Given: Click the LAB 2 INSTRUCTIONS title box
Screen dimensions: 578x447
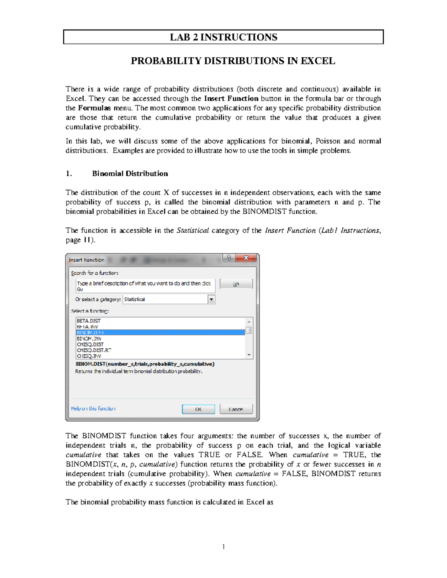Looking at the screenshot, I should (223, 37).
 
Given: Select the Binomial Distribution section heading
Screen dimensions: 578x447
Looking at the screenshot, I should (130, 174).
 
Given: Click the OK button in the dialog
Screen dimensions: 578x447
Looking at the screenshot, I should (198, 409).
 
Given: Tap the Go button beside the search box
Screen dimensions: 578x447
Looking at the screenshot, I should (236, 284).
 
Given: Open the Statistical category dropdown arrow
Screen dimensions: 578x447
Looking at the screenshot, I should (212, 300).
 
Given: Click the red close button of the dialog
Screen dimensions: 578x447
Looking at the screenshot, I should (246, 258).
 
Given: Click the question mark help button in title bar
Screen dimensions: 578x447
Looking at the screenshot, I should (229, 258).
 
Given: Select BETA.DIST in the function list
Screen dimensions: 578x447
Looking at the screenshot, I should (89, 321).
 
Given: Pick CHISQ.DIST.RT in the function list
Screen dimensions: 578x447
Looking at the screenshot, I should (94, 350).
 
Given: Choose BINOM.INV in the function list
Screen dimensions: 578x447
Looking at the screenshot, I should (89, 339).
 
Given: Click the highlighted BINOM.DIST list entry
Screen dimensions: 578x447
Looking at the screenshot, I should (91, 333).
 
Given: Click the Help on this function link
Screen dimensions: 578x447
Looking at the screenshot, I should (93, 409).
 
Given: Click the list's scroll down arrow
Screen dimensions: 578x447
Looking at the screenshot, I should (249, 355).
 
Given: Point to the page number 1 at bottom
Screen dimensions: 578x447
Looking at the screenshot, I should (223, 547).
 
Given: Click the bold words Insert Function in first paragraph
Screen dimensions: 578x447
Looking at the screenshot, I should (231, 99).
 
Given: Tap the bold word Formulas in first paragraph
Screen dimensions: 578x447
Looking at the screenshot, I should (94, 108).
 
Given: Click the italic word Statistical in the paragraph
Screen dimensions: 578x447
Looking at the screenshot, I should (193, 231).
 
